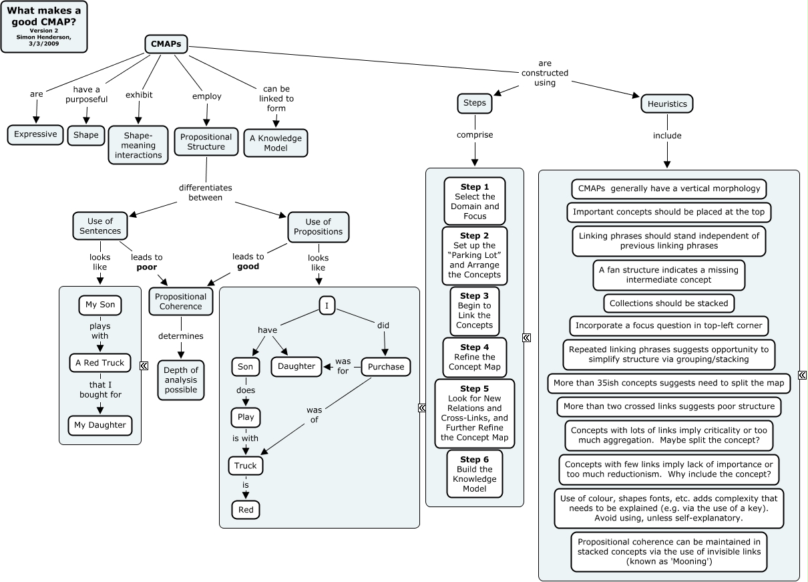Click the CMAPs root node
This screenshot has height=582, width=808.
pos(166,44)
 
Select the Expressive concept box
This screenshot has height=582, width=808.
pos(35,134)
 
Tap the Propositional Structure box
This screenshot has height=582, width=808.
pos(206,142)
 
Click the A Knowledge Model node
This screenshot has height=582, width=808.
pos(276,143)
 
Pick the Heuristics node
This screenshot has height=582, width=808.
pos(666,104)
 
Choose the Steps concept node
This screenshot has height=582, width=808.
pos(475,104)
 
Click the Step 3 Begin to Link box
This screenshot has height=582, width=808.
pos(474,311)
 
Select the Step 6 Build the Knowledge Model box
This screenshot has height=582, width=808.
pos(474,474)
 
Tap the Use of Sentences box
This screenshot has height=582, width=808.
pos(100,227)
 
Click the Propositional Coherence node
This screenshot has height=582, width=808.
pos(180,301)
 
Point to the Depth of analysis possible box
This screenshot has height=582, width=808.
pos(181,380)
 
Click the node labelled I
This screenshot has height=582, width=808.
pos(327,305)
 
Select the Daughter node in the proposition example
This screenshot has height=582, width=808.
pos(296,366)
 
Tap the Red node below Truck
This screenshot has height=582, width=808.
pos(246,511)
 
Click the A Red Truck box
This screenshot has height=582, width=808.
pos(100,363)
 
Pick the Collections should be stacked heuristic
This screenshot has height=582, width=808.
pos(668,303)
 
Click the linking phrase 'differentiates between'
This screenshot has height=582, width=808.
pos(205,192)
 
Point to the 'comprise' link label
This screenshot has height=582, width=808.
pos(475,135)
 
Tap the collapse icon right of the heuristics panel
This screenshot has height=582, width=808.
pos(801,375)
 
